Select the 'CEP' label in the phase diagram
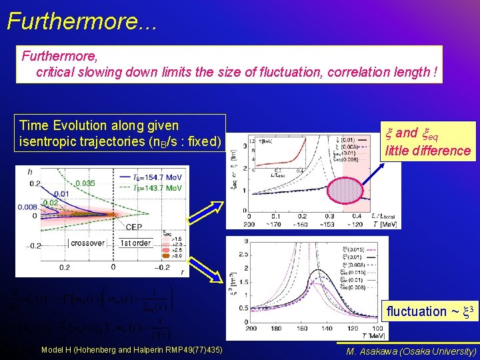[134, 227]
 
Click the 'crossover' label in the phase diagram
[87, 243]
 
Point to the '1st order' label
[135, 243]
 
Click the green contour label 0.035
[85, 182]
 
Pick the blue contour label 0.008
[27, 207]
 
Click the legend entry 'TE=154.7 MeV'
[157, 177]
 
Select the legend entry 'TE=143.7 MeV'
[157, 188]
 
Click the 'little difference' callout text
[427, 151]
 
